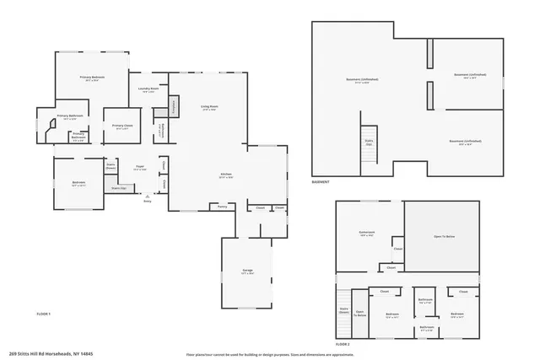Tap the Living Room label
pyautogui.click(x=208, y=107)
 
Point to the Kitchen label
pyautogui.click(x=225, y=175)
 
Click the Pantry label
pyautogui.click(x=223, y=206)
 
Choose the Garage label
pyautogui.click(x=247, y=271)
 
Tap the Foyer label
pyautogui.click(x=140, y=169)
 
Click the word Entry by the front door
pyautogui.click(x=148, y=201)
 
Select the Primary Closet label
pyautogui.click(x=121, y=126)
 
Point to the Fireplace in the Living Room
pyautogui.click(x=175, y=106)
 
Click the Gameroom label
pyautogui.click(x=367, y=235)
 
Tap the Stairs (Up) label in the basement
pyautogui.click(x=369, y=142)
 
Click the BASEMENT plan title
pyautogui.click(x=321, y=181)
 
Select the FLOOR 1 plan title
pyautogui.click(x=44, y=314)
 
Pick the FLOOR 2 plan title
pyautogui.click(x=343, y=345)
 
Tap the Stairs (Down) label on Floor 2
pyautogui.click(x=343, y=310)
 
